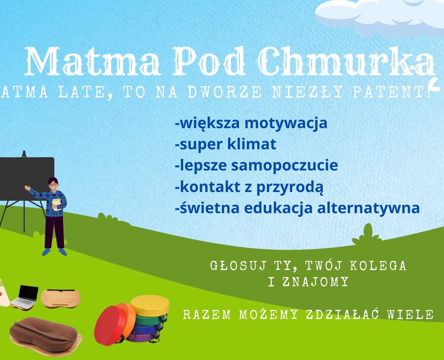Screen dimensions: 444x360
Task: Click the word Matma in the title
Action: [93, 61]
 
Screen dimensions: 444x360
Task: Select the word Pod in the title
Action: [210, 61]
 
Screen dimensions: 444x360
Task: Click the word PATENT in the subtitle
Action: [392, 92]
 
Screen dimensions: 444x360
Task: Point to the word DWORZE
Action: [225, 92]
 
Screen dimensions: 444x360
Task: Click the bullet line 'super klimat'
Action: [226, 144]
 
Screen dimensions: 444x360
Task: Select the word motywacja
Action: [286, 124]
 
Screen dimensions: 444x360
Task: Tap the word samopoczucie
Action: [285, 165]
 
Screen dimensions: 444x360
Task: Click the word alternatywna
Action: [368, 208]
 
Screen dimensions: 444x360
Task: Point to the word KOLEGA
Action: [378, 266]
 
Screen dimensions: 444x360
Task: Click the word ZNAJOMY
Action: [315, 282]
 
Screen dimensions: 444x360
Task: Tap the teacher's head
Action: [53, 184]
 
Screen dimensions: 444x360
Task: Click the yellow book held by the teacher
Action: [56, 204]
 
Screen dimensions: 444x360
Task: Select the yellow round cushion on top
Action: [150, 305]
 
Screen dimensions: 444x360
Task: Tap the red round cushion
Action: [110, 326]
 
